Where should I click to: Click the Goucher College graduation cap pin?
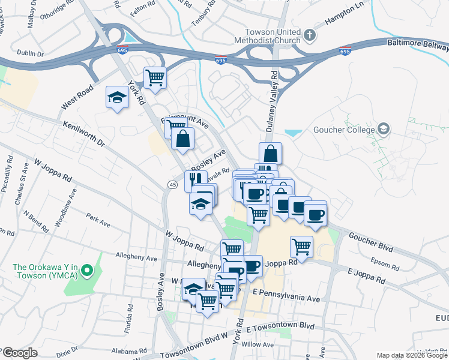(383, 129)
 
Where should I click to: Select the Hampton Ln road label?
(345, 20)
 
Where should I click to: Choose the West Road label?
(77, 97)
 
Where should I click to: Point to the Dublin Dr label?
(31, 54)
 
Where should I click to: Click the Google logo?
(19, 353)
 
